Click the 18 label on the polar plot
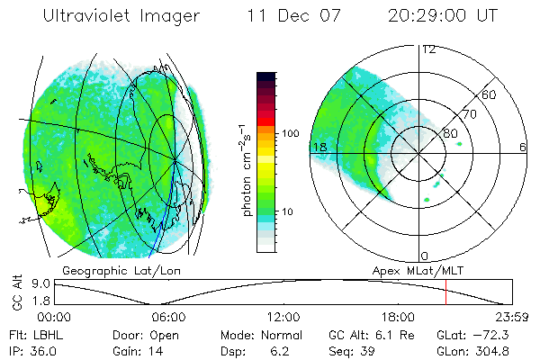(319, 147)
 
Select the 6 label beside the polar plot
(523, 147)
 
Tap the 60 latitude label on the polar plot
(489, 95)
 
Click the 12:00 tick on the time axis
(283, 317)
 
